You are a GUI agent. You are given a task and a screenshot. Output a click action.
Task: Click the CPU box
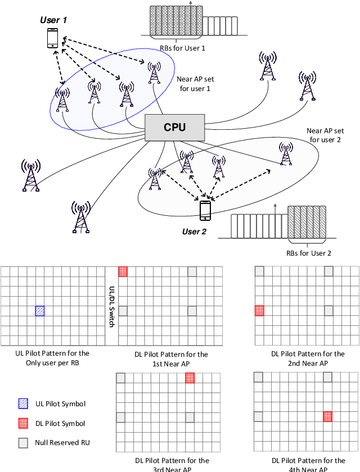pos(174,128)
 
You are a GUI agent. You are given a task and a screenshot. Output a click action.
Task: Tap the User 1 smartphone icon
pos(52,38)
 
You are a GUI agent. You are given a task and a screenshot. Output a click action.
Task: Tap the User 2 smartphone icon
pos(205,211)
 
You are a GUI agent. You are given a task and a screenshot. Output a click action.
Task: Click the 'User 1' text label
pos(53,20)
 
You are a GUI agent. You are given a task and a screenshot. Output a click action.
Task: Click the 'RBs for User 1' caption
pos(182,48)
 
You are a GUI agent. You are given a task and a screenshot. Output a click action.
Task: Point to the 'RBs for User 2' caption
pos(309,253)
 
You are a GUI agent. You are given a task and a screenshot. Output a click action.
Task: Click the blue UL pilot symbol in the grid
pos(40,311)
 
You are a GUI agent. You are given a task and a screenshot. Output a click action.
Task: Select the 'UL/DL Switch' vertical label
pos(111,306)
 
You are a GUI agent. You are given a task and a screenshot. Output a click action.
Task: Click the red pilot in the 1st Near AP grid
pos(123,271)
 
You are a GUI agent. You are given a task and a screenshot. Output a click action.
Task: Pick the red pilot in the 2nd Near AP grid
pos(259,311)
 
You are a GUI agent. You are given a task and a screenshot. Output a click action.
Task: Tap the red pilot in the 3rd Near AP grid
pos(191,378)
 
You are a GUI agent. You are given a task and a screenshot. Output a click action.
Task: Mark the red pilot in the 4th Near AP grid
pos(327,416)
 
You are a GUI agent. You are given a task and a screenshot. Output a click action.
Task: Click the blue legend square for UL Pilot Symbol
pos(22,403)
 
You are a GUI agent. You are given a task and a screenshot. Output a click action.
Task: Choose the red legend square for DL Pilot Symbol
pos(22,423)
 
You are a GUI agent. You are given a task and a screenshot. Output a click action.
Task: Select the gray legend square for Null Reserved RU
pos(22,442)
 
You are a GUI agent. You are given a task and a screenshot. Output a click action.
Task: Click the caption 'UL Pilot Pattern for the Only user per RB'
pos(52,357)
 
